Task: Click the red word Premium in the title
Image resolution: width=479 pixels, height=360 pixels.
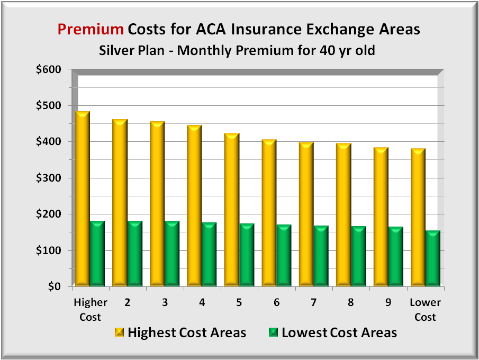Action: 91,29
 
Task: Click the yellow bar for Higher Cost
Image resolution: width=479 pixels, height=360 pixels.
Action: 83,199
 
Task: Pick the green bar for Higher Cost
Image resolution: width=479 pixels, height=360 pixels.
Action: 97,254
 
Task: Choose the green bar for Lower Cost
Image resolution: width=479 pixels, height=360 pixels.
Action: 433,259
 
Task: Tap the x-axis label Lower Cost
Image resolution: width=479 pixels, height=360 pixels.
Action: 426,310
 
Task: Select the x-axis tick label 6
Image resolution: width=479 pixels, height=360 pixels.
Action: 276,302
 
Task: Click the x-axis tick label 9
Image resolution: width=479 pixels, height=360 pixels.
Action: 388,302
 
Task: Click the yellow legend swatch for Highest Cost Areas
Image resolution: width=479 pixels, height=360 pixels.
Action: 119,332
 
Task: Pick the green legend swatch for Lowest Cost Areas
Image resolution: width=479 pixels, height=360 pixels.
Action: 273,332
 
